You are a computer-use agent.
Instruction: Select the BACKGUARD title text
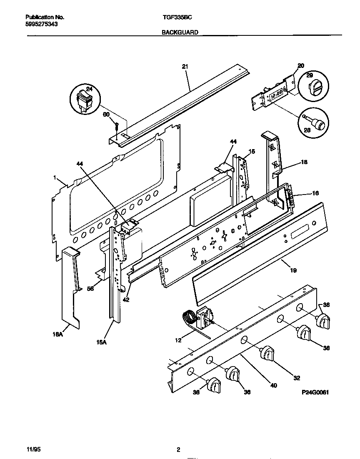[180, 32]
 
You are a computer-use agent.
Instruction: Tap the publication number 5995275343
[41, 24]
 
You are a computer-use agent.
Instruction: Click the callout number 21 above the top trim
[185, 66]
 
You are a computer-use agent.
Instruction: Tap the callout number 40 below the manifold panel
[273, 385]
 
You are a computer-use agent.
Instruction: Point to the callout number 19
[293, 271]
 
